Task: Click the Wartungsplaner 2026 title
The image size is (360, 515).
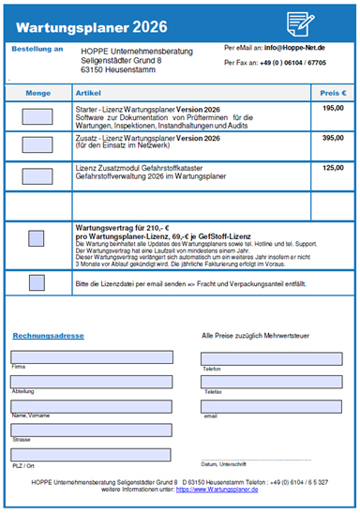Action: click(x=79, y=22)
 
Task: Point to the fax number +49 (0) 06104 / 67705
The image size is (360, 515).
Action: click(x=287, y=63)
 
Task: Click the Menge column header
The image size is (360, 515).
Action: click(x=37, y=93)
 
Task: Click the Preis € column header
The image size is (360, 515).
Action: click(x=333, y=93)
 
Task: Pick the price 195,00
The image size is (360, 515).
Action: click(x=333, y=108)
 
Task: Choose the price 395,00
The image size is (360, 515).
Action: click(x=333, y=138)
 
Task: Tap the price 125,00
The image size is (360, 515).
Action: click(x=333, y=168)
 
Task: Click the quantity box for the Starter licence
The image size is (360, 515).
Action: click(x=37, y=116)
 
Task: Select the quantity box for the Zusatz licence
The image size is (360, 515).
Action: click(x=37, y=145)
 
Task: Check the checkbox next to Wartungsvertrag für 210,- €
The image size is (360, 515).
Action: click(x=37, y=239)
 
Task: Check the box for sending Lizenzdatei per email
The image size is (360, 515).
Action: click(x=37, y=282)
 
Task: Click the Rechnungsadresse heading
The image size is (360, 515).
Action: click(x=48, y=335)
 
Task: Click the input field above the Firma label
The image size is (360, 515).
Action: click(x=91, y=357)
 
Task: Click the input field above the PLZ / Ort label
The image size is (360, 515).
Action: click(x=91, y=454)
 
